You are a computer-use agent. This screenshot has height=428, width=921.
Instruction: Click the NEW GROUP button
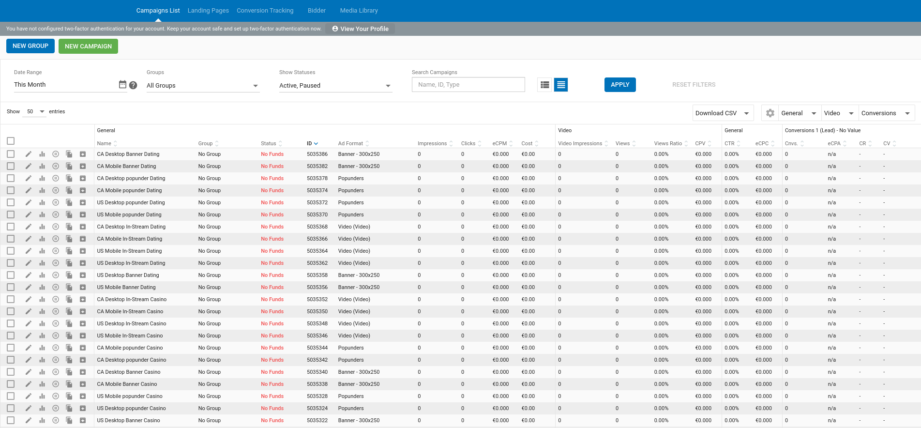tap(30, 46)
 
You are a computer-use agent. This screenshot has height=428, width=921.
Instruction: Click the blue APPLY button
tap(619, 85)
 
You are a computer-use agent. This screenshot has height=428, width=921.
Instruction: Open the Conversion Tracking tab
tap(265, 11)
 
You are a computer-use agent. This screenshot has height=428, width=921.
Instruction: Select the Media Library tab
tap(359, 11)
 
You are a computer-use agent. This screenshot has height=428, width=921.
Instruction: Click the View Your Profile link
tap(360, 29)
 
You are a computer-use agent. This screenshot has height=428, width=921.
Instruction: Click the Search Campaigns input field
tap(468, 85)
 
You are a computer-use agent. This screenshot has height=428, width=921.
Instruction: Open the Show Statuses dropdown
tap(335, 86)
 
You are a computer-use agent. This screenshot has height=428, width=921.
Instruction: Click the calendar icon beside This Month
tap(122, 84)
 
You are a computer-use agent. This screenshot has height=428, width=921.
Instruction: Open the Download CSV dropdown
tap(723, 113)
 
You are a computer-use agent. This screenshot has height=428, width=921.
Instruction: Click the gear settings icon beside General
tap(770, 113)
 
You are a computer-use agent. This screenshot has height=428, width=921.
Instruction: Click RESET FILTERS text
tap(694, 85)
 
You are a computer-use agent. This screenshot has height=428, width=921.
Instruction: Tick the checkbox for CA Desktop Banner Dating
tap(11, 154)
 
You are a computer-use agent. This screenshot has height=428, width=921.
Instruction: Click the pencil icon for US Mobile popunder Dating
tap(29, 214)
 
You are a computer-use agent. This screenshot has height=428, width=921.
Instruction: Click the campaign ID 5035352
tap(317, 300)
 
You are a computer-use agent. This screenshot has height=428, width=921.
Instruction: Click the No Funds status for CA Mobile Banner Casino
tap(272, 384)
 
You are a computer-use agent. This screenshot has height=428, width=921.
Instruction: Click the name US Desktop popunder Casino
tap(131, 409)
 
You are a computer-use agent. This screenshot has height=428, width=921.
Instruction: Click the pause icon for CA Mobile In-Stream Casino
tap(56, 311)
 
